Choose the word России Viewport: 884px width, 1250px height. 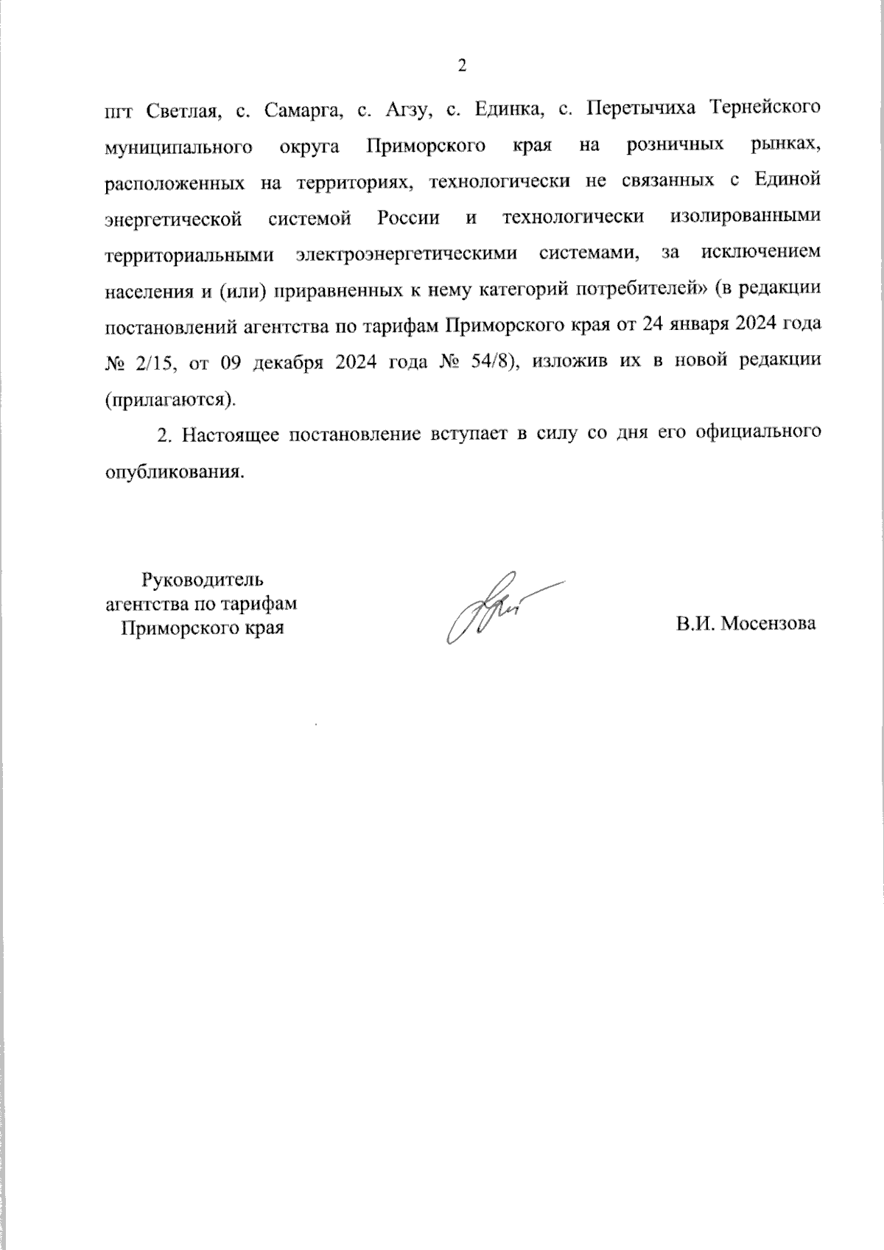pyautogui.click(x=408, y=218)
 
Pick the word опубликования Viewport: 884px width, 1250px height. pyautogui.click(x=174, y=471)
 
